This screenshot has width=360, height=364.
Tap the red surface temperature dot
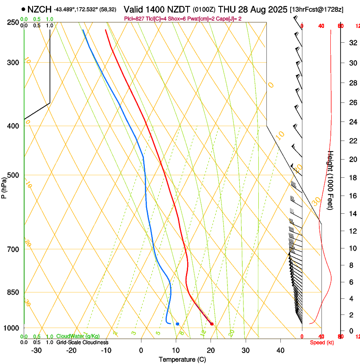click(212, 324)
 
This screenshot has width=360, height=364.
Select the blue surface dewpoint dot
click(177, 324)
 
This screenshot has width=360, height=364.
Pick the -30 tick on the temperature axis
click(36, 350)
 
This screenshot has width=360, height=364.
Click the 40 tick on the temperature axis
click(280, 350)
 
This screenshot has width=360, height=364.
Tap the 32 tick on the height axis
click(352, 43)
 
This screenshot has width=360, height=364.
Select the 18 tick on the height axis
click(351, 178)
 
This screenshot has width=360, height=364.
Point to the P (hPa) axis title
click(4, 187)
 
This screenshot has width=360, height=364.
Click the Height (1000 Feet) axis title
click(331, 180)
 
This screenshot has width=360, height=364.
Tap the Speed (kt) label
click(322, 342)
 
